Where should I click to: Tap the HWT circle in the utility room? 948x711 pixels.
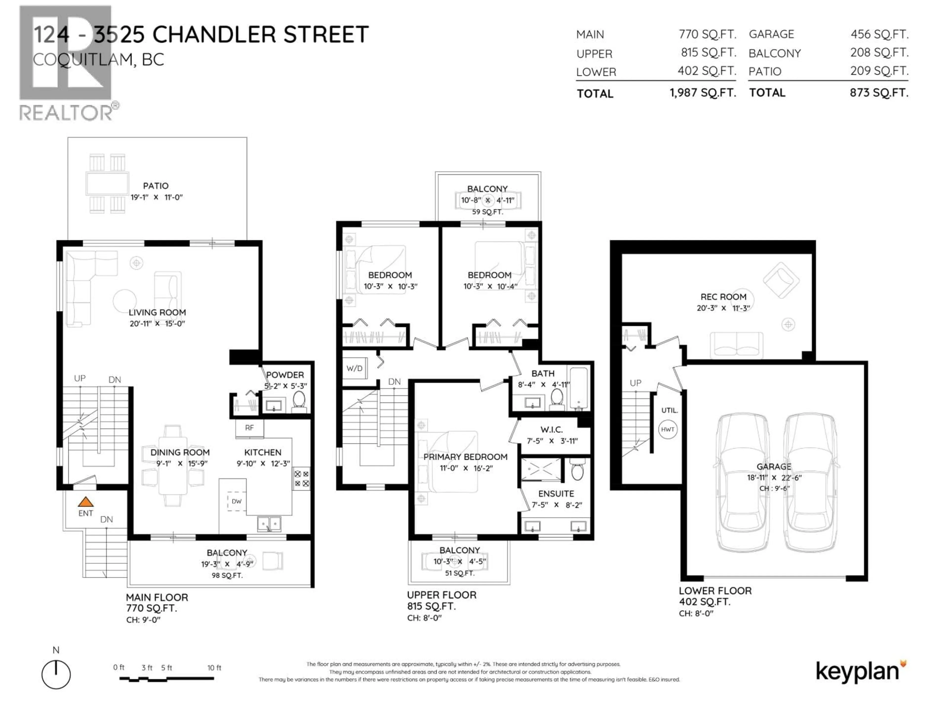coord(667,429)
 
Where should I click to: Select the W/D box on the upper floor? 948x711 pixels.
coord(355,368)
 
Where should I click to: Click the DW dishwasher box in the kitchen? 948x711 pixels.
coord(237,501)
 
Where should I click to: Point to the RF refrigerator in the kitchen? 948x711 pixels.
coord(249,428)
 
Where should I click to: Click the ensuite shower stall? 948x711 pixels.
coord(541,469)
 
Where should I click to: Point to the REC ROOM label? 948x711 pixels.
coord(723,296)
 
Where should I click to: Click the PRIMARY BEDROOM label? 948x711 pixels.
coord(465,457)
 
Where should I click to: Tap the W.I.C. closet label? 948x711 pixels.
coord(552,429)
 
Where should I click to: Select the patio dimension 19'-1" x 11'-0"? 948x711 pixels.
coord(157,197)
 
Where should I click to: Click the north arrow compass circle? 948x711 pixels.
coord(56,674)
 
